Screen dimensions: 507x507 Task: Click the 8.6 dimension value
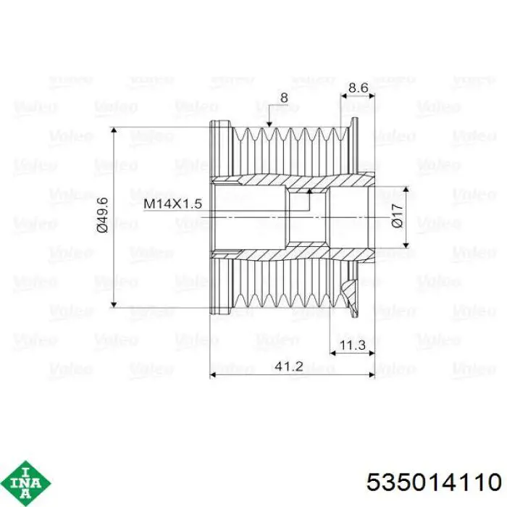(359, 88)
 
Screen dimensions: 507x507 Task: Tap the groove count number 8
(284, 98)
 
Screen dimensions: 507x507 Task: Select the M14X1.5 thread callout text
(172, 204)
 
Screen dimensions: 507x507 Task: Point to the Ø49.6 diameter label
(102, 214)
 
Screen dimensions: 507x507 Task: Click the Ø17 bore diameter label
(397, 216)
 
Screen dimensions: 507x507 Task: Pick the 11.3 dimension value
(353, 345)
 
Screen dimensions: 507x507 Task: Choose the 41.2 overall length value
(289, 366)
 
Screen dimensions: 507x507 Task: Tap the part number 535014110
(434, 483)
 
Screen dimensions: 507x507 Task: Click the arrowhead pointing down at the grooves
(269, 124)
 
